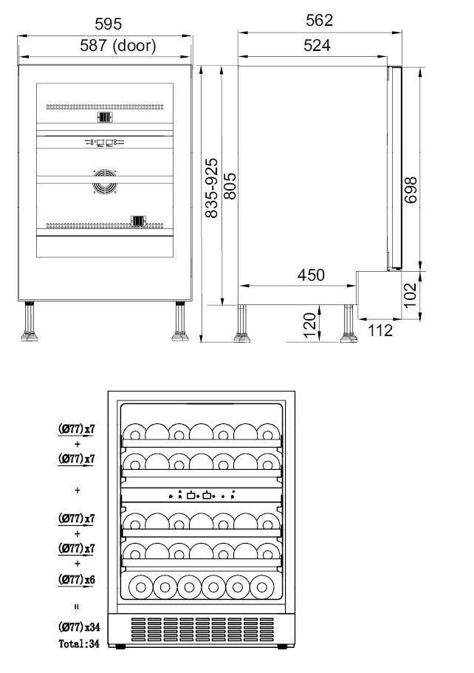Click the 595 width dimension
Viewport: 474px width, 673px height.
click(108, 24)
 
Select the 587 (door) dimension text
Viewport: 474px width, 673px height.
click(118, 46)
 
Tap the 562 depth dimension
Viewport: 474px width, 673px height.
click(319, 20)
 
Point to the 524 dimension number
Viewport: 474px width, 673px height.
click(317, 45)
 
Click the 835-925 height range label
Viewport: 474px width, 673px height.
click(211, 188)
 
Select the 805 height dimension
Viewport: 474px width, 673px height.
click(230, 186)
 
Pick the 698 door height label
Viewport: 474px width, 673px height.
click(411, 190)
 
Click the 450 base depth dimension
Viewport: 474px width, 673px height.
click(311, 275)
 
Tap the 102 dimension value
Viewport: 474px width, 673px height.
click(410, 295)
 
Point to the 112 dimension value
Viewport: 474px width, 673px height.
click(380, 330)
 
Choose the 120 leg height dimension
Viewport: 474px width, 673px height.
click(309, 325)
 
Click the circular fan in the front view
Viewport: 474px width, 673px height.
click(105, 181)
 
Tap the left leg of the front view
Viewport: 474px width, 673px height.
click(30, 321)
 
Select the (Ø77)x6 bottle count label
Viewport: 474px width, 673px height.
click(76, 580)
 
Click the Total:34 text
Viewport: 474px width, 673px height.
click(79, 643)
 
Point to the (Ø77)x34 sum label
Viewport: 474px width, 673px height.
click(79, 627)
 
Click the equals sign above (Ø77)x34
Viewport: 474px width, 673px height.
click(77, 607)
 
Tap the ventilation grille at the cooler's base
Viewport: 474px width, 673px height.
click(202, 629)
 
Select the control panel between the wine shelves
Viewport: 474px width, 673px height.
click(202, 495)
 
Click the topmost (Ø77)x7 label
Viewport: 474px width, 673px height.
click(76, 428)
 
